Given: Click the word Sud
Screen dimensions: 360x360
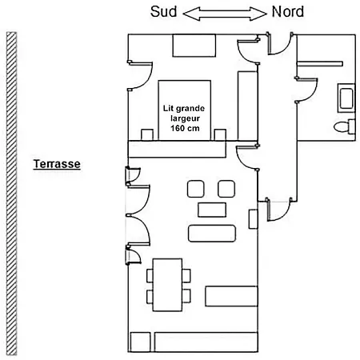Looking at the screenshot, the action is tap(163, 12).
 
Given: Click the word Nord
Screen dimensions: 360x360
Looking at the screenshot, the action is tap(288, 12).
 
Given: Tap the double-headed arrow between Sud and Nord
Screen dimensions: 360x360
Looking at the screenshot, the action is tap(225, 14).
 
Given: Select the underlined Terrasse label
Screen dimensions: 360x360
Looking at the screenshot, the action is tap(57, 164).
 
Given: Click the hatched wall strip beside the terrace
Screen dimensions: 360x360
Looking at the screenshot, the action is tap(11, 194).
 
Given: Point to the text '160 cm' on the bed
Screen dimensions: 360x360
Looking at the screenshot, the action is tap(185, 128).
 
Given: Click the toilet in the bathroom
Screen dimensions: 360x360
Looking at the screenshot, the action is tap(345, 126).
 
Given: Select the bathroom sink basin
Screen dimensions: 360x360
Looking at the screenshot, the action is tap(346, 98).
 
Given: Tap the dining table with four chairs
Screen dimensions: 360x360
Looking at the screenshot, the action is tap(168, 285).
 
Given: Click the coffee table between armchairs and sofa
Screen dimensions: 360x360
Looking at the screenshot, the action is tap(212, 210).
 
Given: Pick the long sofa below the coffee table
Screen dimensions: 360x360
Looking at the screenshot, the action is tap(212, 234).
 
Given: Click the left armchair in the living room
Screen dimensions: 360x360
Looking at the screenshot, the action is tap(196, 189).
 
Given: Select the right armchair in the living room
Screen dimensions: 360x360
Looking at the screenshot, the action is tap(226, 189).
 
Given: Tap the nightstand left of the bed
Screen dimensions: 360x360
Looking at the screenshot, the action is tap(147, 135).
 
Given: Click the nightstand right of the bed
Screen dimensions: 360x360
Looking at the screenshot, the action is tap(220, 135).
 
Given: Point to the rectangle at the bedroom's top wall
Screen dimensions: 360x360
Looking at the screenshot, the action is tap(194, 46).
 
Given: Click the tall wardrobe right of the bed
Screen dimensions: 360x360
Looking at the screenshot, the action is tap(247, 106).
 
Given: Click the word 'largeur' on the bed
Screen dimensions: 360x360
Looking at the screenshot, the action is tap(186, 118).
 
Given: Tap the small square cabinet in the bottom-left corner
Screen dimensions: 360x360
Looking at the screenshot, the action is tap(140, 342).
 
